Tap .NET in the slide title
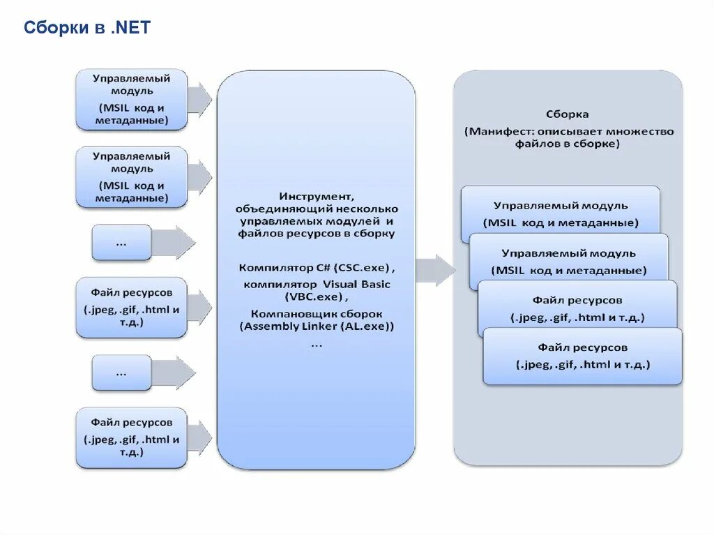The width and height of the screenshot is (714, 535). coord(130,28)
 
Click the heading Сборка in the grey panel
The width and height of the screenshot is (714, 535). coord(567,114)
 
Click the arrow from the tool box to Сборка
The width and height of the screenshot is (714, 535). coord(436,270)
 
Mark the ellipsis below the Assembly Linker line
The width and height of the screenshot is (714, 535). coord(316,343)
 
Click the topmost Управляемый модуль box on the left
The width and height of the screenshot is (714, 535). coord(131,99)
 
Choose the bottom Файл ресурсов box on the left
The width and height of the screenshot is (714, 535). coord(131,437)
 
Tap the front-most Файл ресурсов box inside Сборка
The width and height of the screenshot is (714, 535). coord(582,356)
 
